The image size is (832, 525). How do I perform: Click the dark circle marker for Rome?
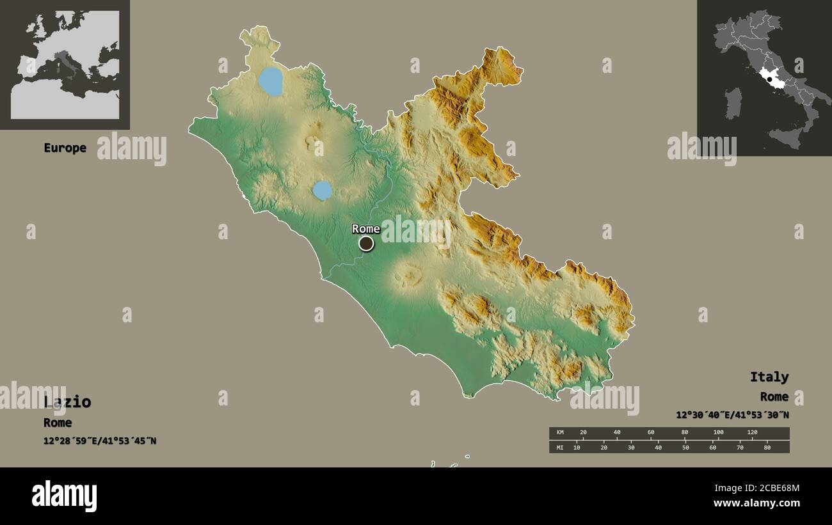(366, 243)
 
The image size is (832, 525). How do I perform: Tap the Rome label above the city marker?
(366, 229)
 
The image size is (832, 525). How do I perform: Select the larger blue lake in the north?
(271, 81)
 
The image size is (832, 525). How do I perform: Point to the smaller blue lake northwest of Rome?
(322, 190)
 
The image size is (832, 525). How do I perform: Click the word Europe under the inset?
(65, 148)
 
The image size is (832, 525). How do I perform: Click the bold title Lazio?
(67, 402)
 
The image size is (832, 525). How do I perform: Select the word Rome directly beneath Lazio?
(58, 423)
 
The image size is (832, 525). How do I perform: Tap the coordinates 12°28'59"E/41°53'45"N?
(100, 441)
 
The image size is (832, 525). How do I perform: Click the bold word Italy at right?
(769, 377)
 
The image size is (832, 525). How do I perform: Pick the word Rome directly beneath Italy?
(774, 397)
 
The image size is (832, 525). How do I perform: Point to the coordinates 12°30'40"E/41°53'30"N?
(732, 415)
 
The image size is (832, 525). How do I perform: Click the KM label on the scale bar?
(560, 433)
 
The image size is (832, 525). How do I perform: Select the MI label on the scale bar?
(560, 447)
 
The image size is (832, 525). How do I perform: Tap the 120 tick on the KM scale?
(752, 433)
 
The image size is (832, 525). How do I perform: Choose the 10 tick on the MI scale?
(577, 447)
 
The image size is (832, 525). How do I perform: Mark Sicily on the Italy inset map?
(787, 136)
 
